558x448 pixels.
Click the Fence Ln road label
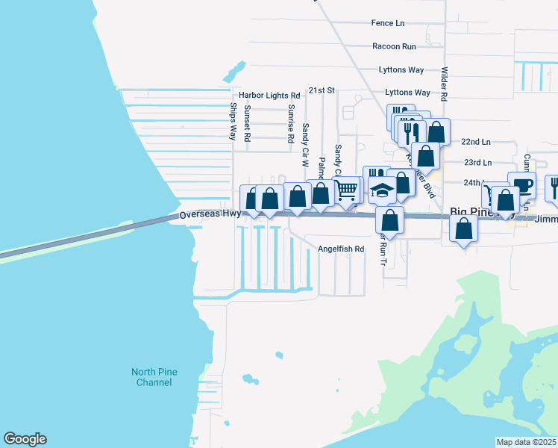387,23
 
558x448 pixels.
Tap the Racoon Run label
394,46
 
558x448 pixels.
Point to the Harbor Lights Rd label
269,96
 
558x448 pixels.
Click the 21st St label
323,90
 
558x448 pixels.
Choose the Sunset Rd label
247,122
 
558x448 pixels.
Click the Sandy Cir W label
305,139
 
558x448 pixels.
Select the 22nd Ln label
476,141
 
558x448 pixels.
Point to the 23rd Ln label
477,162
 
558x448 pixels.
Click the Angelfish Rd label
340,249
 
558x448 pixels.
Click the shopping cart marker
346,190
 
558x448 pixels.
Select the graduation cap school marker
382,191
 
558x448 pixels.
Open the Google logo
25,439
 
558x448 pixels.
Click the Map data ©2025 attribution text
526,442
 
